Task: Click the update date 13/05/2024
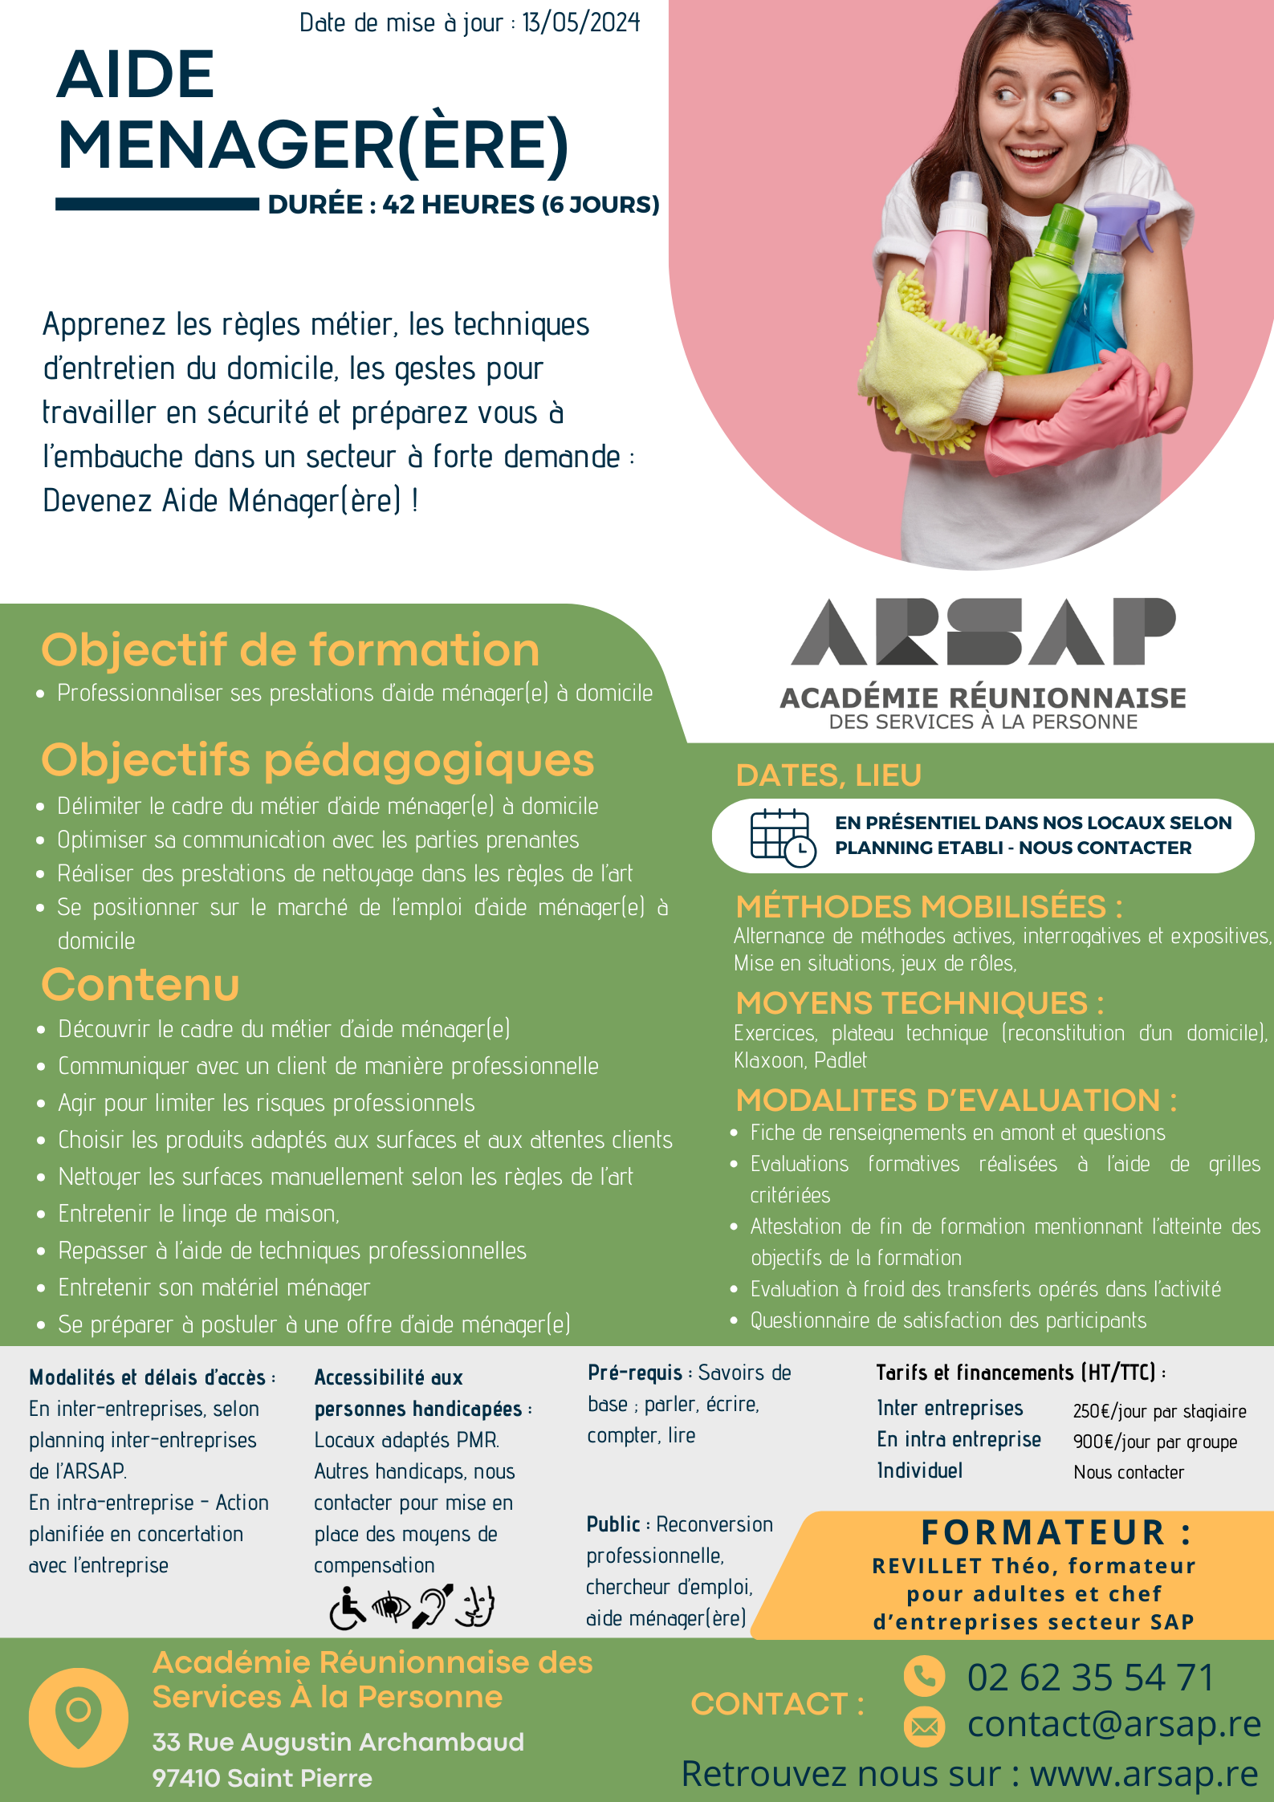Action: (x=580, y=22)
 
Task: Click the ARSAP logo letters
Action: (x=983, y=633)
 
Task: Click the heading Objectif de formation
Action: (x=290, y=649)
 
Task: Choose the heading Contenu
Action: (x=140, y=985)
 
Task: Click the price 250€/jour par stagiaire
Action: (x=1159, y=1411)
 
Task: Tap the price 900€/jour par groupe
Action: (x=1154, y=1442)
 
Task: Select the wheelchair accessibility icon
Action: (x=347, y=1608)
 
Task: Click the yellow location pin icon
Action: (x=78, y=1717)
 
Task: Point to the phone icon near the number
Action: (x=924, y=1676)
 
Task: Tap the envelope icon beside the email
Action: (x=924, y=1726)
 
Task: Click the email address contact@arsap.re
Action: (x=1113, y=1724)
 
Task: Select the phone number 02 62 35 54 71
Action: (x=1089, y=1677)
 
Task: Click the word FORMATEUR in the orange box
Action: (x=1042, y=1532)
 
